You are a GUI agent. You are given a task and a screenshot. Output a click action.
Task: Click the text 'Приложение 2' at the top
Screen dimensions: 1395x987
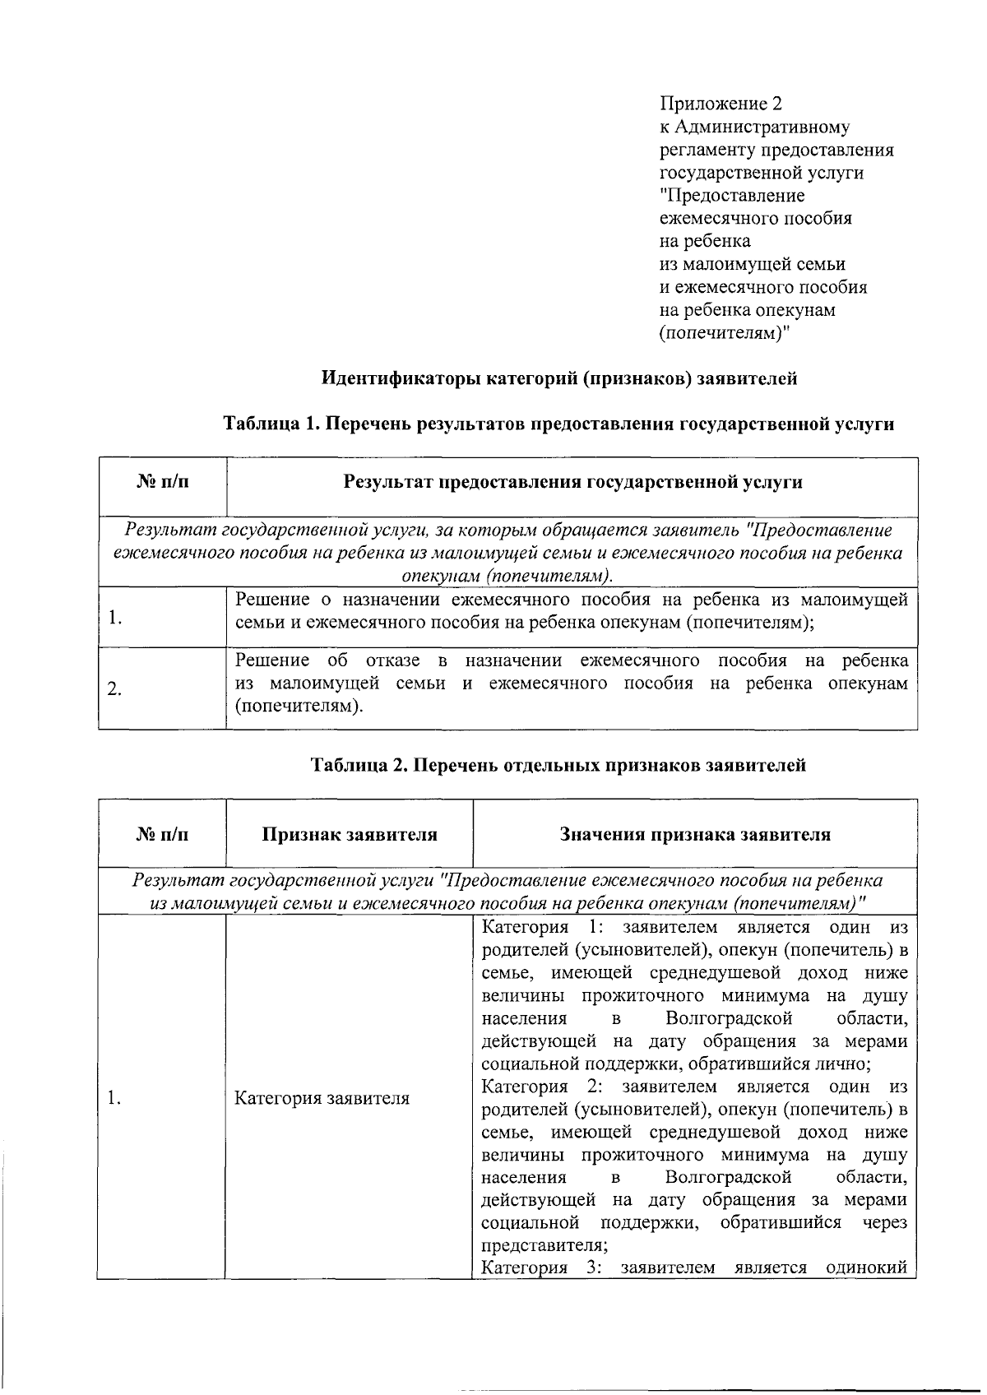coord(721,104)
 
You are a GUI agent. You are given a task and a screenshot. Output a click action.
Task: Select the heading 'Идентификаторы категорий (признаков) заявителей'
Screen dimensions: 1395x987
coord(558,379)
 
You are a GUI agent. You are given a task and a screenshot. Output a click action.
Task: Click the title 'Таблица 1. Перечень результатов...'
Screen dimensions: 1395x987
coord(558,424)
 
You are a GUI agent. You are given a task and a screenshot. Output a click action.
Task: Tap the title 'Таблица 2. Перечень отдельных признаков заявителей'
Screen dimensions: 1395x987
coord(558,765)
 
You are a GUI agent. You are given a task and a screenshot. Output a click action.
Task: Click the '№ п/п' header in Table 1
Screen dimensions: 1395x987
coord(162,482)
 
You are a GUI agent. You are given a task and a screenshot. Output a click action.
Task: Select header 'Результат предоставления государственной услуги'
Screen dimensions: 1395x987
coord(572,482)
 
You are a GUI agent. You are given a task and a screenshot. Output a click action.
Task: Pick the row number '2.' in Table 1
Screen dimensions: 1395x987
coord(115,689)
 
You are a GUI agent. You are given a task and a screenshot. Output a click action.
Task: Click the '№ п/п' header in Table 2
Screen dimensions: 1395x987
coord(162,835)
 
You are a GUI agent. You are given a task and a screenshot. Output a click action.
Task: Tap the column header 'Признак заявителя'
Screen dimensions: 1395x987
coord(350,835)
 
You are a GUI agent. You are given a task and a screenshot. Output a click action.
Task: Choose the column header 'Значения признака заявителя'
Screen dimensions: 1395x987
coord(695,835)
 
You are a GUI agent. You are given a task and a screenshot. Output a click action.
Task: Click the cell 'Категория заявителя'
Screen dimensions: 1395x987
coord(322,1098)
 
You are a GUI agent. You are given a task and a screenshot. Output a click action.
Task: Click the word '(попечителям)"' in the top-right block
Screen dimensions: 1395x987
coord(725,333)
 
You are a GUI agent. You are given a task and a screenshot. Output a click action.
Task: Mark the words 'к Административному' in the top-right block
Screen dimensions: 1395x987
coord(755,127)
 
